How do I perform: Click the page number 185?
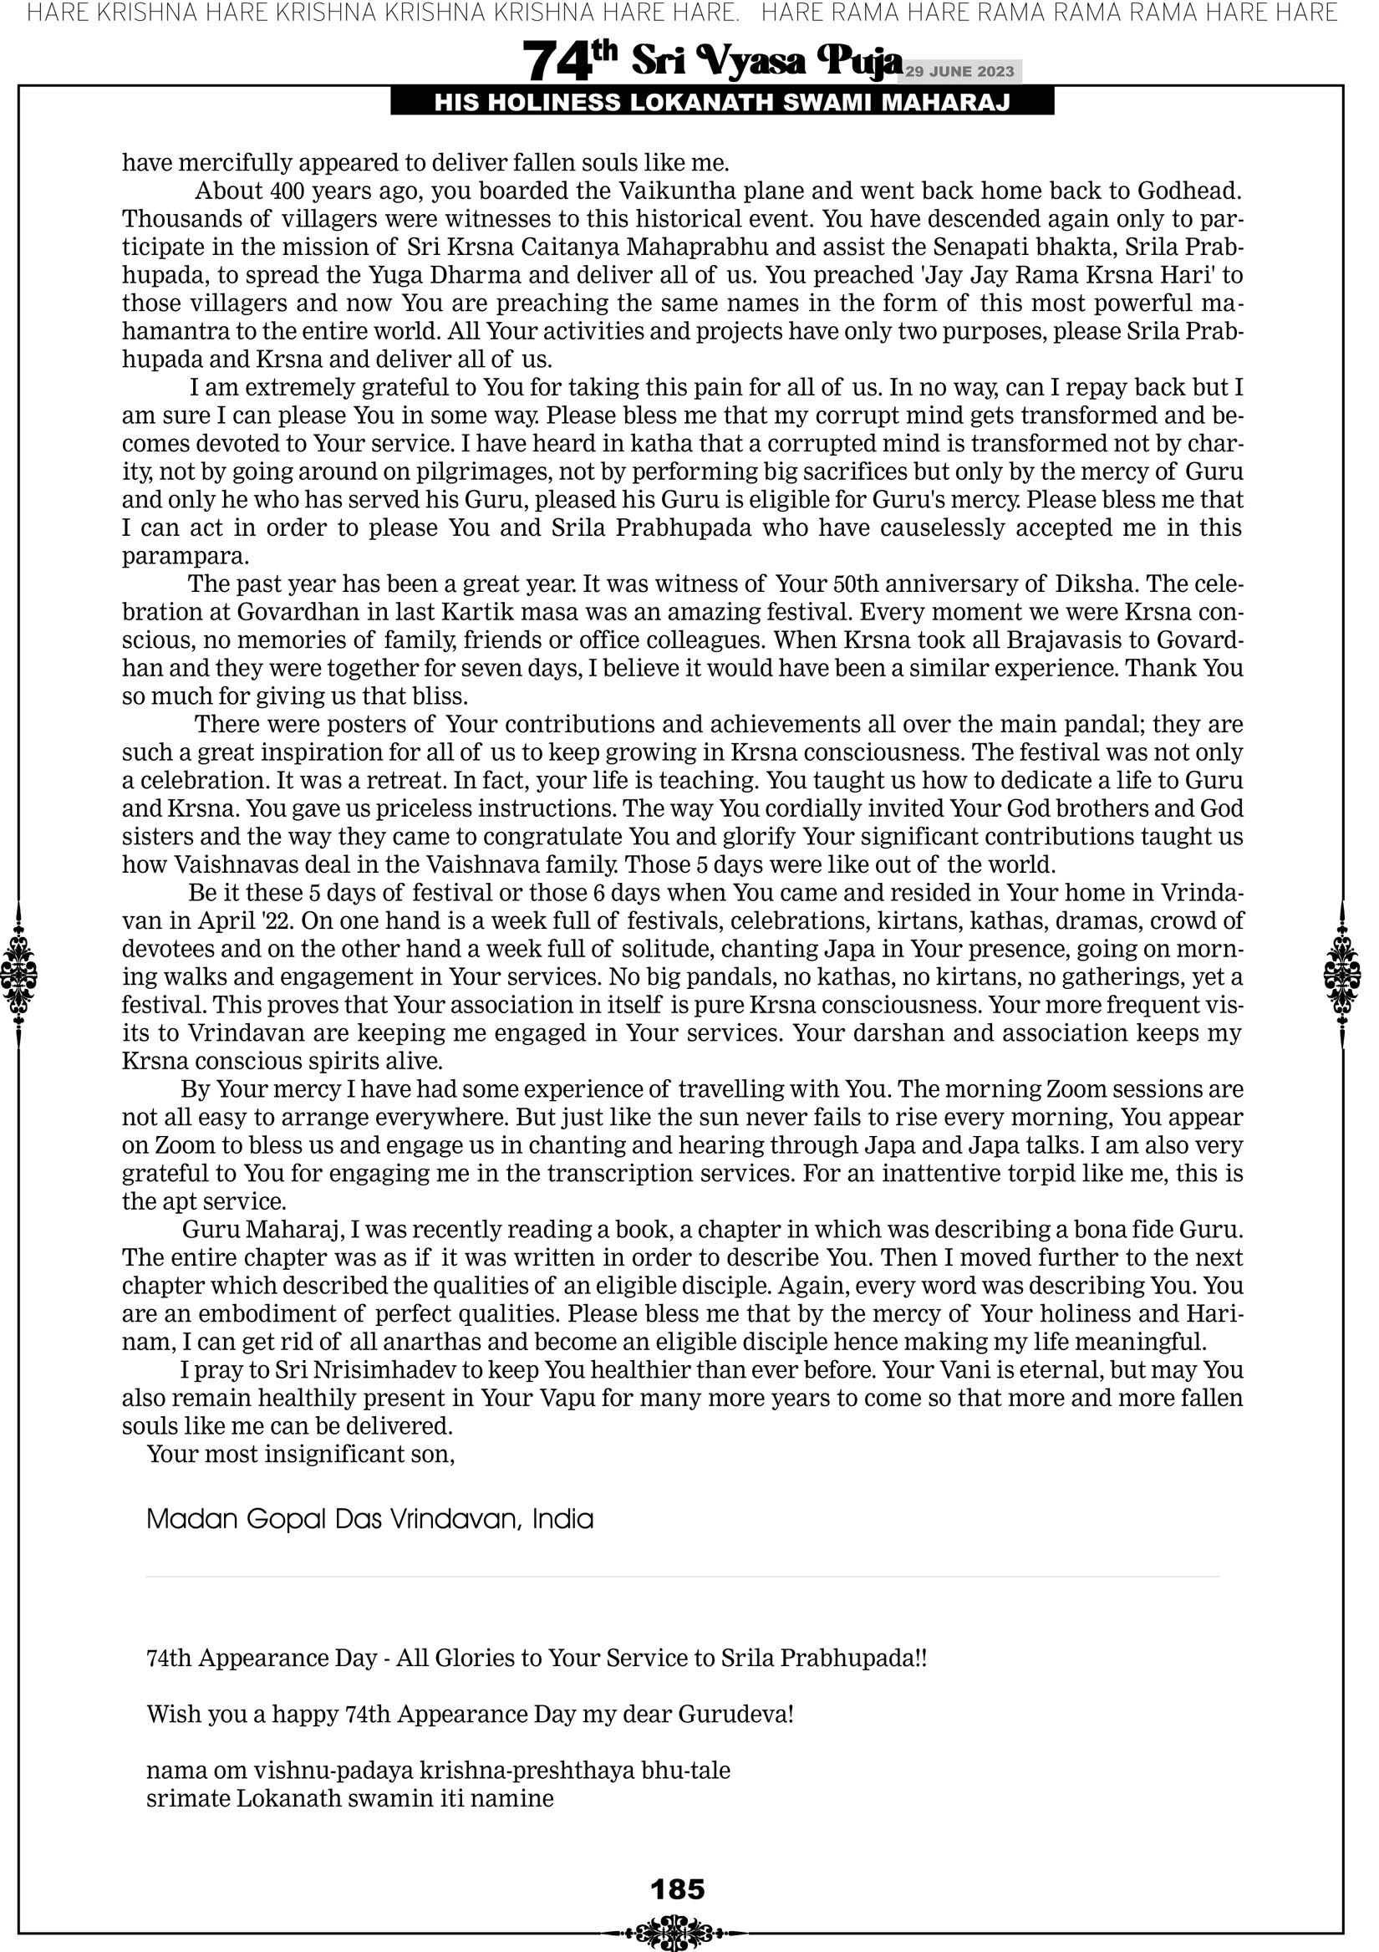coord(677,1889)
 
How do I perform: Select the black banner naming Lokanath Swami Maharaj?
coord(722,103)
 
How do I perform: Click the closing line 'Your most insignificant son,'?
coord(301,1454)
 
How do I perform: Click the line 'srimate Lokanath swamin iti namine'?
coord(349,1798)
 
